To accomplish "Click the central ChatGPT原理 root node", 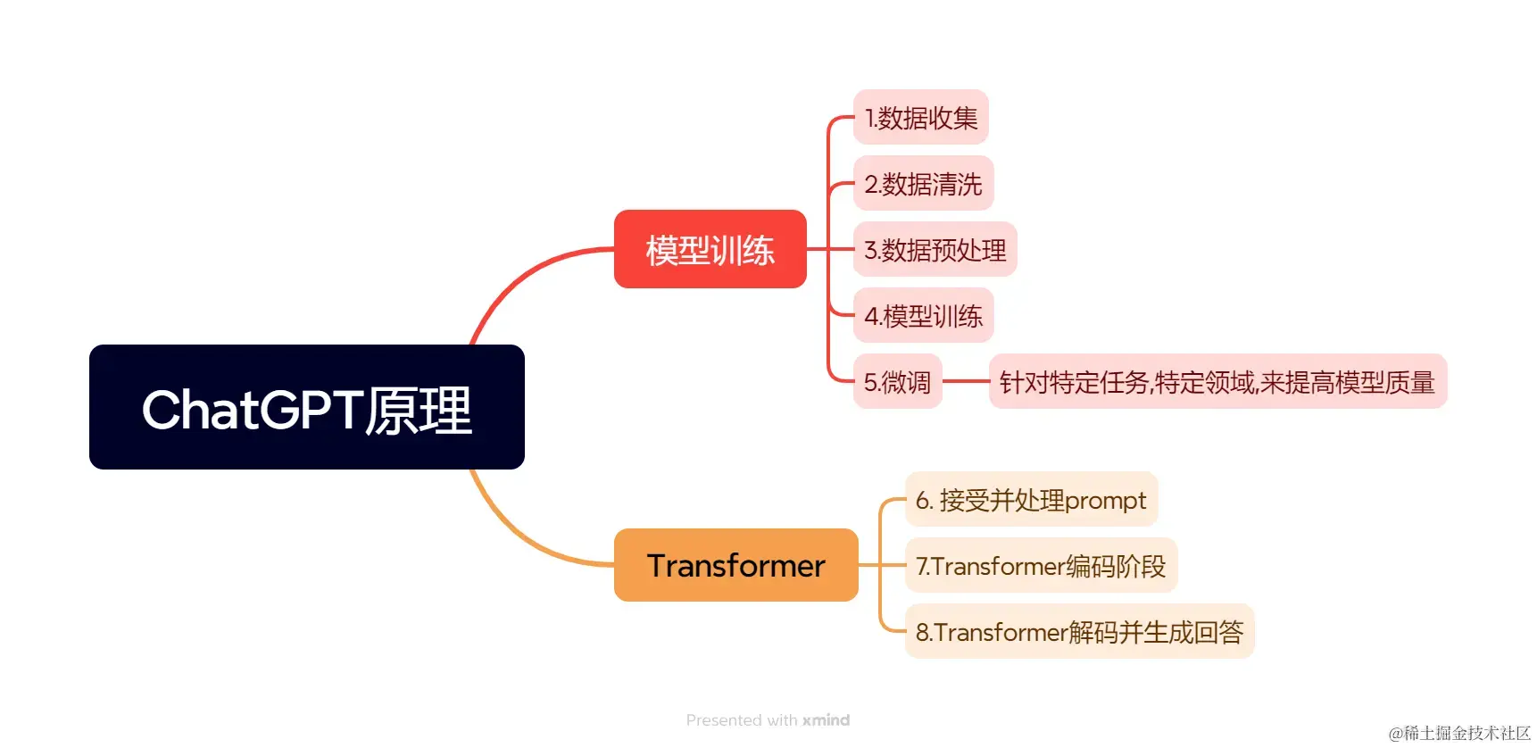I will [306, 407].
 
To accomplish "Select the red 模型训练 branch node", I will [710, 249].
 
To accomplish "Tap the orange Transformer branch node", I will [735, 565].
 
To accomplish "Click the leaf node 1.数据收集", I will [920, 117].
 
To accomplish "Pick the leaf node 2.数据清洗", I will [923, 184].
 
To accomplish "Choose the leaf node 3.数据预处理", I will [935, 250].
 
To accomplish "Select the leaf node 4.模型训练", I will [923, 316].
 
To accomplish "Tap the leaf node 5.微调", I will [897, 382].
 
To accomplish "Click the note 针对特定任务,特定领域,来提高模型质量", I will [1217, 382].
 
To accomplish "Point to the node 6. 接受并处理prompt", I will [1031, 500].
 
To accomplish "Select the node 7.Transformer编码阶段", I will [1041, 566].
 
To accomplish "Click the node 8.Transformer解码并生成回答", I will [1079, 632].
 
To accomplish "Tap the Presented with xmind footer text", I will [768, 720].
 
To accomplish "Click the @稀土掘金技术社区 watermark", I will [1459, 733].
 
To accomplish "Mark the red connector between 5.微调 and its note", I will [965, 381].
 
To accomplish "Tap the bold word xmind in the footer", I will [826, 720].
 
